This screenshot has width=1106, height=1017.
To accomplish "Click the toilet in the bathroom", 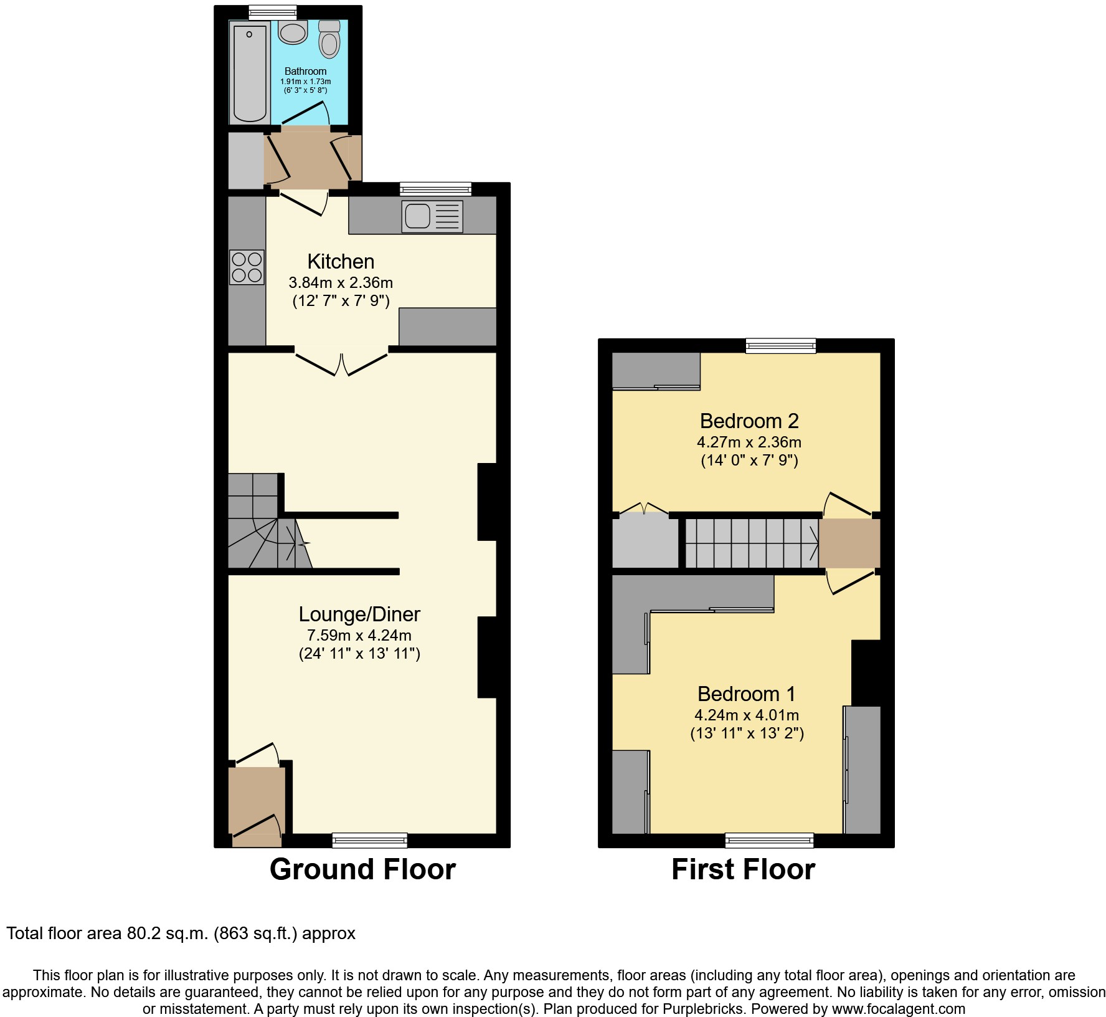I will pos(329,40).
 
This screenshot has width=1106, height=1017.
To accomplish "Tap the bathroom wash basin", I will pos(293,32).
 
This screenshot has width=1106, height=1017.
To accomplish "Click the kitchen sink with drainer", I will pos(432,216).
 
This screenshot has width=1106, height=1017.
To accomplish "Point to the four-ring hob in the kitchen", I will pos(247,267).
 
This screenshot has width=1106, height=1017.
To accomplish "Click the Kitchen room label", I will pos(341,261).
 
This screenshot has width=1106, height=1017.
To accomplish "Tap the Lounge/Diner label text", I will pos(359,614).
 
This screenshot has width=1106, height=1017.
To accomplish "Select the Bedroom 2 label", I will pos(749,421).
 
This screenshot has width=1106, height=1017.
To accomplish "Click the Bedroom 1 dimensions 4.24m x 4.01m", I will pos(746,715).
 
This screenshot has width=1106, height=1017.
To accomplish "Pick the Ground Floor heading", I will pos(362,869).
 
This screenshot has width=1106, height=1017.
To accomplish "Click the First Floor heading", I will pos(743,869).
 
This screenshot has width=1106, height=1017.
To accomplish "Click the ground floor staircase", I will pos(262,523).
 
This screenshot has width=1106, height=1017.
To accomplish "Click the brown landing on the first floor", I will pos(849,543).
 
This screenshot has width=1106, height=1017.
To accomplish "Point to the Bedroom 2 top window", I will pos(780,345).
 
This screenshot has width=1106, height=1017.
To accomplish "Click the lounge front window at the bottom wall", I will pos(369,841).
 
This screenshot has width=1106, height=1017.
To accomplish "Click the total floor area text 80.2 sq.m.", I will pos(181,933).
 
